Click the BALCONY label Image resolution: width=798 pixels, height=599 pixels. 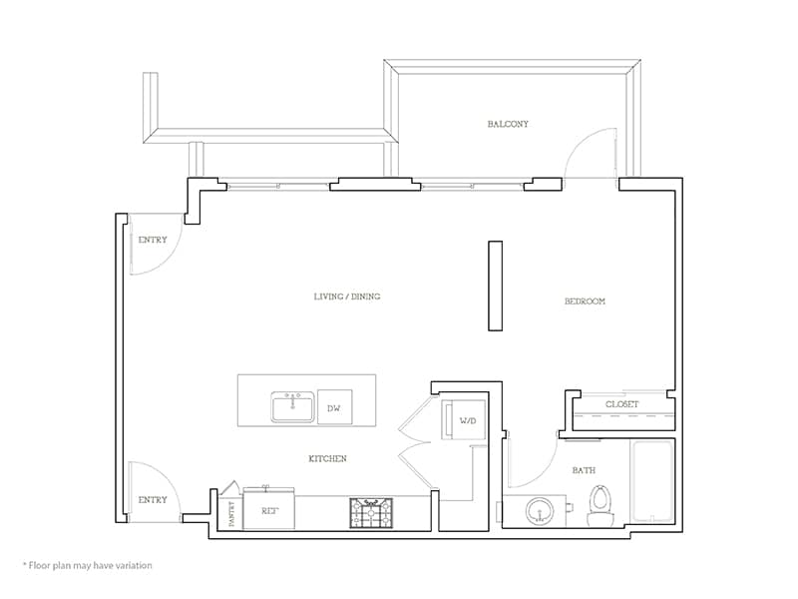click(508, 124)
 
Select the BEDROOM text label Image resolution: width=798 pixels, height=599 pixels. click(585, 300)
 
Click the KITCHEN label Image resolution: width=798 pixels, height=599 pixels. click(327, 458)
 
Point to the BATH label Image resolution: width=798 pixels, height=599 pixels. click(584, 470)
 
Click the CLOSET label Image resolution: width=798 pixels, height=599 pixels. click(622, 404)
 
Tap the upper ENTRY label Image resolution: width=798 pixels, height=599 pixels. click(153, 240)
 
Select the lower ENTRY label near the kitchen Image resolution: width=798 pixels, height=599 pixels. click(153, 499)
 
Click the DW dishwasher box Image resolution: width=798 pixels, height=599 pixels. click(334, 407)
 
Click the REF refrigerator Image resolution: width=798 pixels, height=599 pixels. click(268, 509)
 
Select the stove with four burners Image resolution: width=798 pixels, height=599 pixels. click(370, 512)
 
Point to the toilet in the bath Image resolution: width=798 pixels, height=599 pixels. click(600, 505)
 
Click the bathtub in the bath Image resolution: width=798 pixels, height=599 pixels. click(653, 483)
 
